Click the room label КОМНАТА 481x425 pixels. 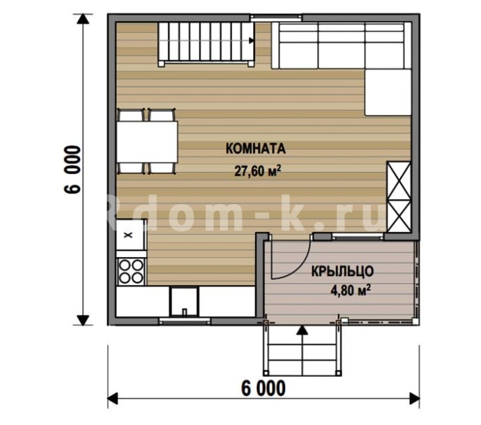pos(256,148)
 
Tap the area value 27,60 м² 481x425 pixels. pos(258,171)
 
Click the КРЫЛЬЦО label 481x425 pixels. pos(342,272)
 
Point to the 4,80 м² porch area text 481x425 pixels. pos(350,290)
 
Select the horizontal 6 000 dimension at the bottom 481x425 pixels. pos(264,389)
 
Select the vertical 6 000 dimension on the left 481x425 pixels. pos(72,169)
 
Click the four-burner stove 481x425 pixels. pos(131,271)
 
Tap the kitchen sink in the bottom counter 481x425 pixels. pos(184,302)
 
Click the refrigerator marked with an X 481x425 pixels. pos(130,235)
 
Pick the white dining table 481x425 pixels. pos(147,142)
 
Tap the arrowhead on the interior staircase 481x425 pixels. pos(252,40)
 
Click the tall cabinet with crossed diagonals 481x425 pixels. pos(399,197)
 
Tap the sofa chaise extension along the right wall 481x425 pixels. pos(388,92)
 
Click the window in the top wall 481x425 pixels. pos(276,18)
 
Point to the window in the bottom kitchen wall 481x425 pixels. pos(185,321)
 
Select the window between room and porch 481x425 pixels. pos(358,236)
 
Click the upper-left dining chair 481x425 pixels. pos(131,115)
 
